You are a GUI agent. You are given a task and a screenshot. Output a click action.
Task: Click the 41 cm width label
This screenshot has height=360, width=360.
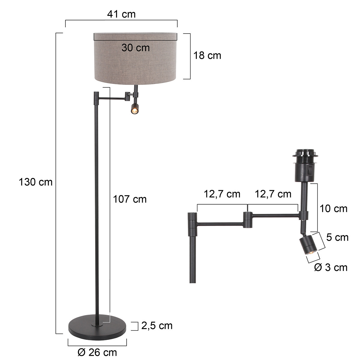point(121,14)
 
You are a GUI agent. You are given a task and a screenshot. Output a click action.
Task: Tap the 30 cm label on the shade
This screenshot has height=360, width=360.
point(136,47)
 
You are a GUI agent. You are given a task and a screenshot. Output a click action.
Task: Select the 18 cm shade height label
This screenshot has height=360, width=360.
point(207,55)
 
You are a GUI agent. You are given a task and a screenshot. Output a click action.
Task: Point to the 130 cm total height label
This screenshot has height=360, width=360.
point(35,182)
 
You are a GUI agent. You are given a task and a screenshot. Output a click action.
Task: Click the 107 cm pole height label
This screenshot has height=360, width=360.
point(130,199)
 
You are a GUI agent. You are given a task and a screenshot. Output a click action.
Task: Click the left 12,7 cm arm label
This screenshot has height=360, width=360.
point(222,194)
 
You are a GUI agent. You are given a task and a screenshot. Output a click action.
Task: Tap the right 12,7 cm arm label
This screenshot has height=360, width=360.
point(273,194)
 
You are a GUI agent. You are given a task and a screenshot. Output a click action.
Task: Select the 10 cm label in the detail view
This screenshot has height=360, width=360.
point(333,208)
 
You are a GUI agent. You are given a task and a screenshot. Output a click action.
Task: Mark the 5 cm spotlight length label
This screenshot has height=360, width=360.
point(337,238)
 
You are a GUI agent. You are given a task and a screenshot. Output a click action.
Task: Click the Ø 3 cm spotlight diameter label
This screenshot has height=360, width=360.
point(331,267)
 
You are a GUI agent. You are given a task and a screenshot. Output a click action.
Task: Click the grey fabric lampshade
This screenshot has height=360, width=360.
point(136,60)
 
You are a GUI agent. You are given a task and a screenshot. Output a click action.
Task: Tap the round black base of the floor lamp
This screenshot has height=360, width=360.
point(98,326)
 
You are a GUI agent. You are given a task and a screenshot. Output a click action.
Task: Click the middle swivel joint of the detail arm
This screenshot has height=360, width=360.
point(247,220)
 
